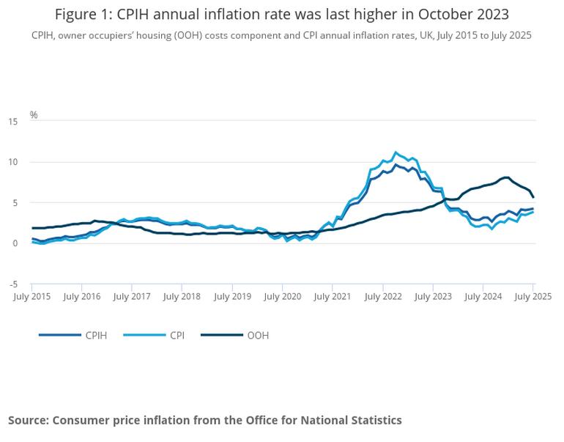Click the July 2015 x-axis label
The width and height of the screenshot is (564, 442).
[x=31, y=297]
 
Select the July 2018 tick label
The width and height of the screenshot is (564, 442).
[x=182, y=297]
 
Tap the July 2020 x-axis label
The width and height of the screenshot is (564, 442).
[x=282, y=297]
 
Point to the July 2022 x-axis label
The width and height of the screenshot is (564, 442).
[x=382, y=297]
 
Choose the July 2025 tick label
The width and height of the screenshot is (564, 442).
[x=533, y=297]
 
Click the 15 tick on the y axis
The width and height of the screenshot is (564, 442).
[x=13, y=122]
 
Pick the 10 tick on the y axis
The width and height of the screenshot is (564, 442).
[x=13, y=162]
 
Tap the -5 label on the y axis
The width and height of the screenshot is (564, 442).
[x=13, y=284]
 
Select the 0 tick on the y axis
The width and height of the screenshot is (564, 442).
[x=15, y=243]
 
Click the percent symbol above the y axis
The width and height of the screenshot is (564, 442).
[x=34, y=115]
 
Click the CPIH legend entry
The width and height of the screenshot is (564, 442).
[x=73, y=336]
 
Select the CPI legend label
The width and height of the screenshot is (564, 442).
[x=154, y=336]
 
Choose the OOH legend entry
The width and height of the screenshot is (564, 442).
[x=235, y=336]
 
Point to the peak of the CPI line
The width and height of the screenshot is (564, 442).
[x=396, y=152]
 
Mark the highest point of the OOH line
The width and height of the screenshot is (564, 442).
[x=506, y=177]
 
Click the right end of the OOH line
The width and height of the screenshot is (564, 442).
[x=533, y=197]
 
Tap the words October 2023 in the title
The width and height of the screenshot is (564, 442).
[x=463, y=15]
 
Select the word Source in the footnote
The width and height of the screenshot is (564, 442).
[x=29, y=420]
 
